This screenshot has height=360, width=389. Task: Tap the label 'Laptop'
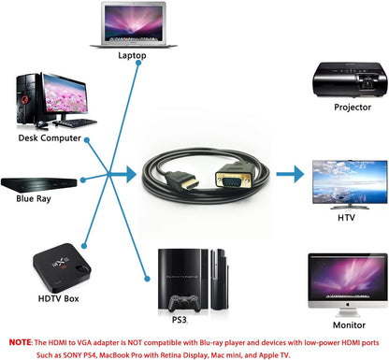[132, 55]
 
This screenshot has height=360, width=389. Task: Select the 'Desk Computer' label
[49, 137]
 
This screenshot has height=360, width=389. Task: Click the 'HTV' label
[346, 217]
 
